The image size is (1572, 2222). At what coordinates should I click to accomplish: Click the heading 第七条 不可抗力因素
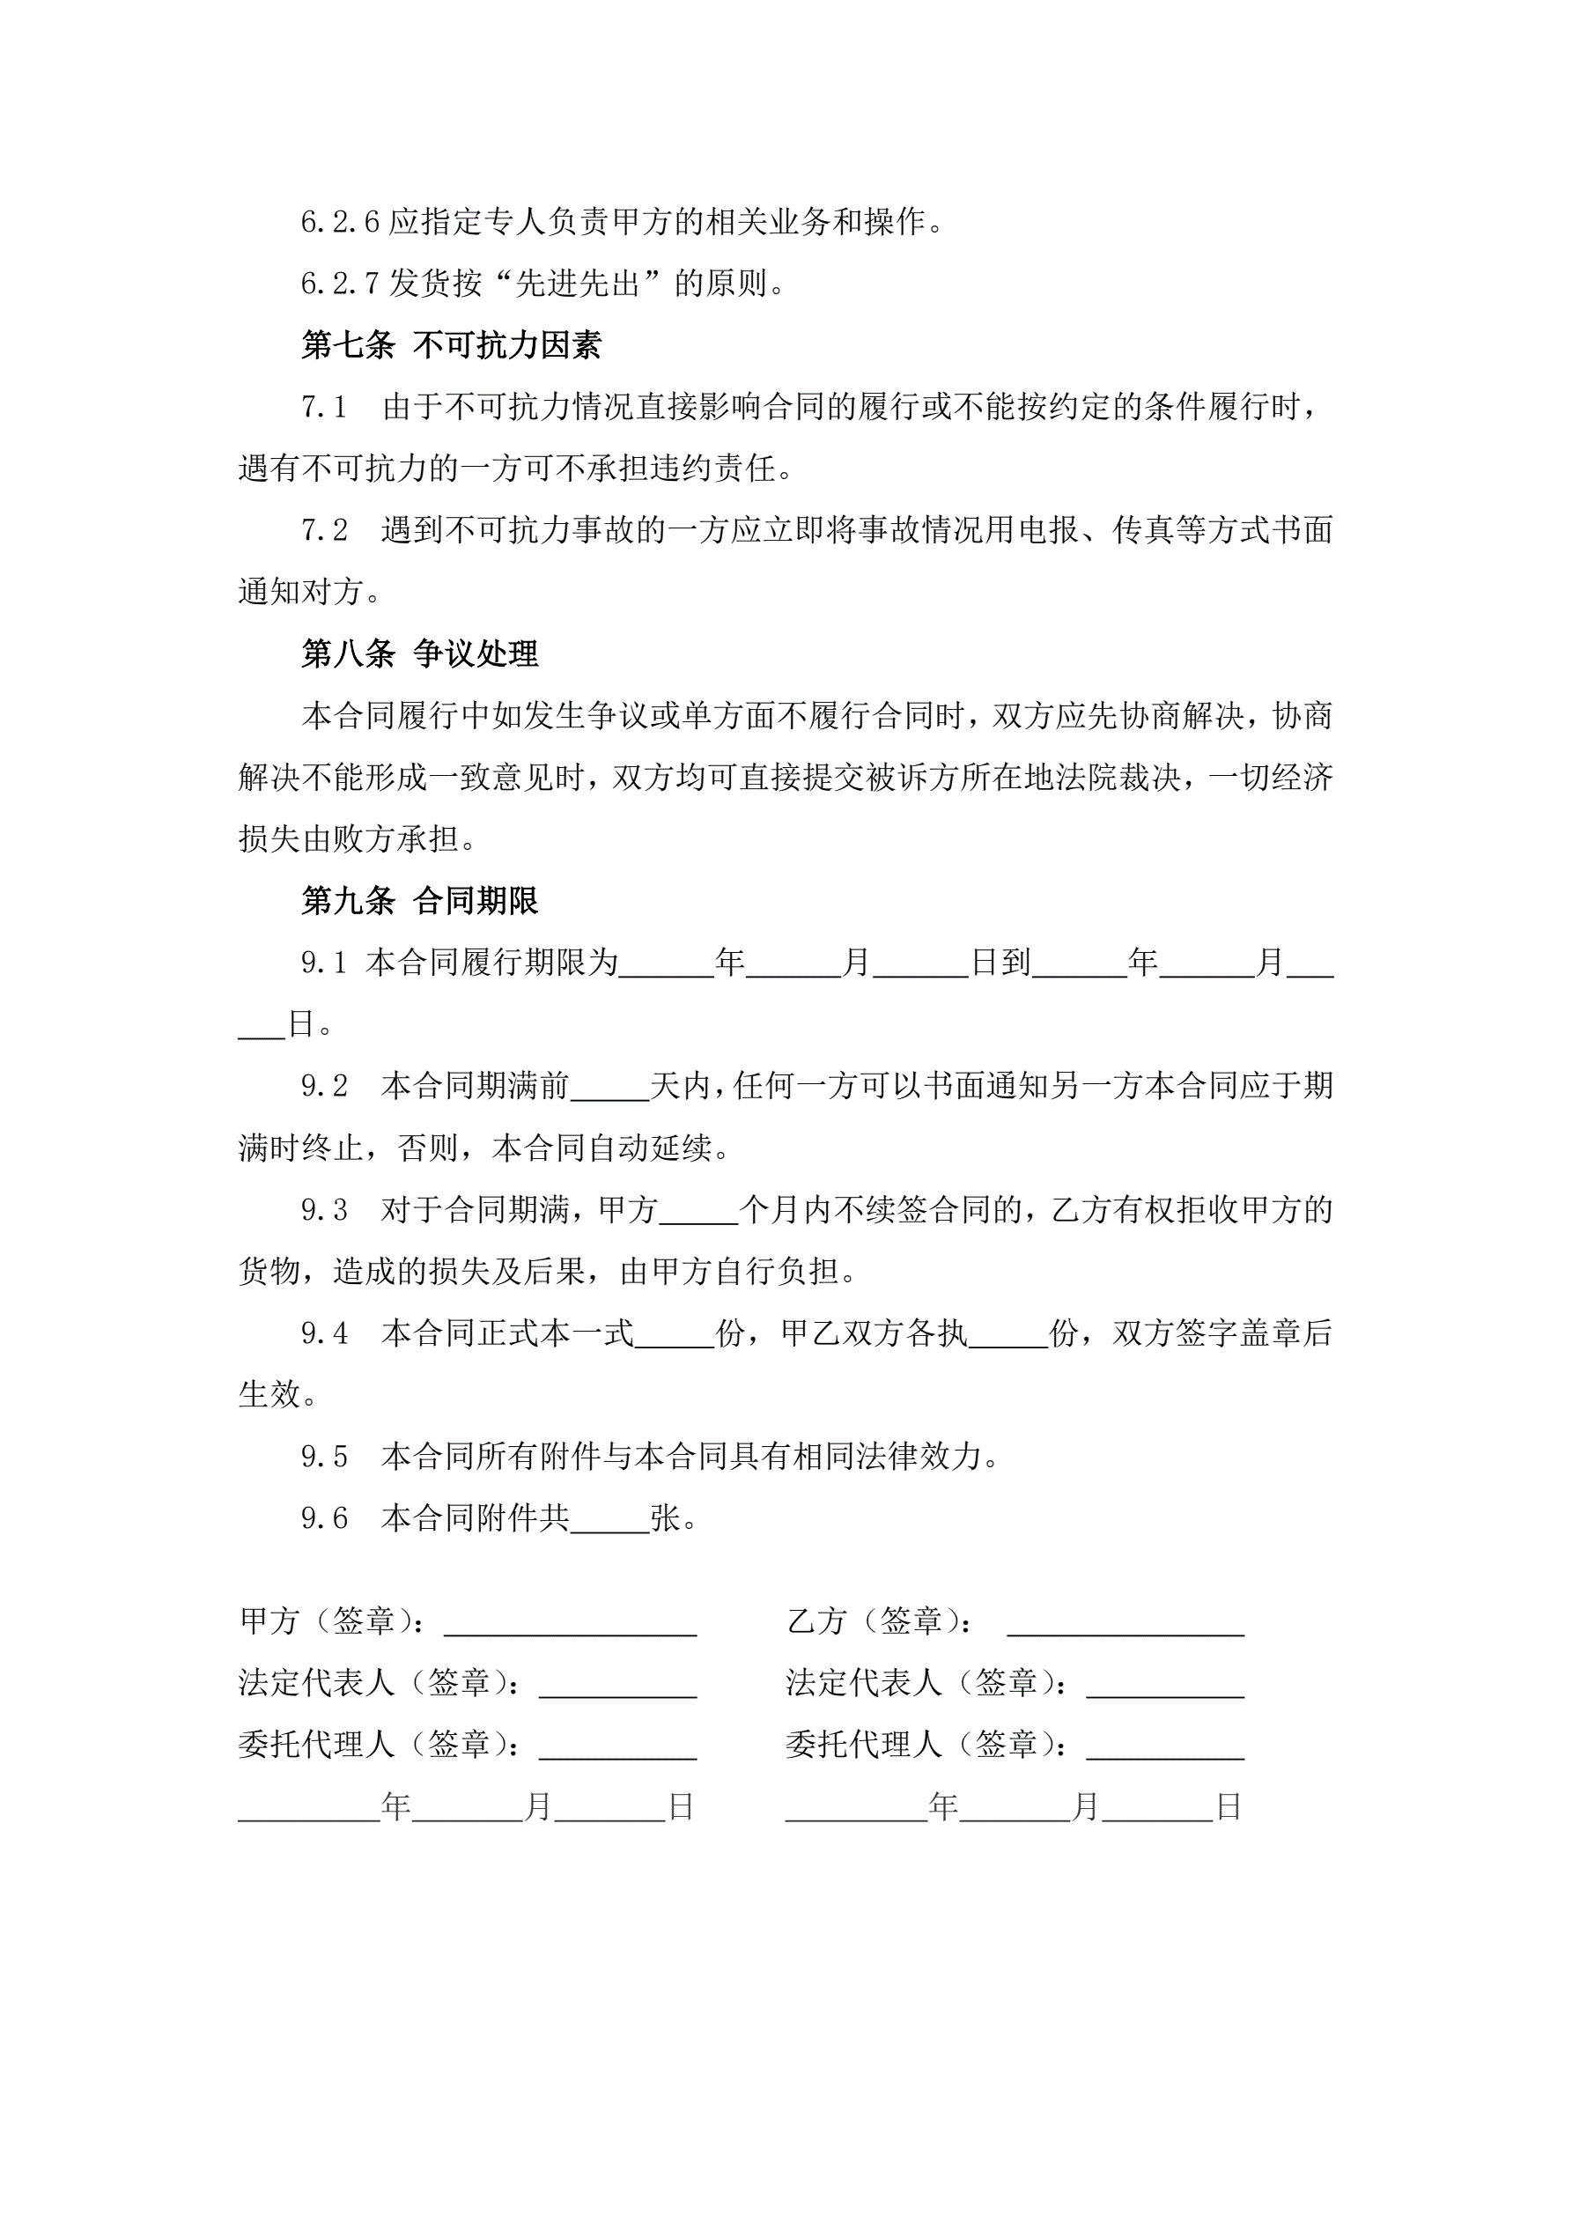point(451,345)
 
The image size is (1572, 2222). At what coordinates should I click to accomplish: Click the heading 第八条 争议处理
point(419,654)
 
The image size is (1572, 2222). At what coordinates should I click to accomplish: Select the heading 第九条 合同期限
point(419,901)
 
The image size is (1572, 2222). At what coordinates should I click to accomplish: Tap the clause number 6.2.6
point(340,223)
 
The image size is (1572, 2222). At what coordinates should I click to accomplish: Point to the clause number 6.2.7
point(340,284)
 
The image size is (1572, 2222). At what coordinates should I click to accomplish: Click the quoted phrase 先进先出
point(577,284)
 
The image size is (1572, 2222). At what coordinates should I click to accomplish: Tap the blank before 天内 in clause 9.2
point(609,1088)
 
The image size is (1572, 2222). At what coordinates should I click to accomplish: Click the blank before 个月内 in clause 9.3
point(697,1211)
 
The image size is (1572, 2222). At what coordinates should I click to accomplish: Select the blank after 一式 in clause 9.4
point(674,1334)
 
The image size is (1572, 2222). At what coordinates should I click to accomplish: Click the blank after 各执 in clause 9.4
point(1007,1334)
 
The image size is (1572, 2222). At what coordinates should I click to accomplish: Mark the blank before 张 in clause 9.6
point(609,1518)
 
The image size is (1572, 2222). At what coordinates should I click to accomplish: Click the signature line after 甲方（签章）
point(570,1622)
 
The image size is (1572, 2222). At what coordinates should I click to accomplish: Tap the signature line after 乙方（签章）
point(1125,1622)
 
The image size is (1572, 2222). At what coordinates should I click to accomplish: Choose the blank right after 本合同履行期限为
point(666,963)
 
